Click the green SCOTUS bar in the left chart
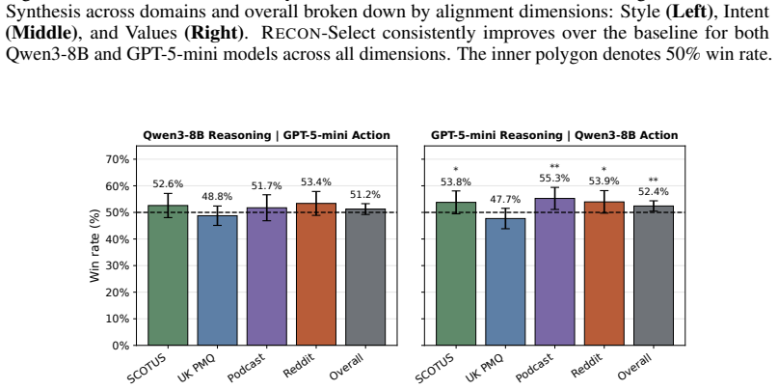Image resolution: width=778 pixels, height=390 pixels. tap(168, 275)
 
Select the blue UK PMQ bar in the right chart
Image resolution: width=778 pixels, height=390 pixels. tap(505, 281)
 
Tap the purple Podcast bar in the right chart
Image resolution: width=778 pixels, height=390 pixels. tap(554, 271)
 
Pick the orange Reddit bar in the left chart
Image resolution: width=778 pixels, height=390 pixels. tap(316, 274)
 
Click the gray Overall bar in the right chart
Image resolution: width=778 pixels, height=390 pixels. tap(654, 275)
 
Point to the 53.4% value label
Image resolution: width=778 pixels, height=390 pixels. tap(316, 182)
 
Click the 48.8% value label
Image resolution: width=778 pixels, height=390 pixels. tap(217, 197)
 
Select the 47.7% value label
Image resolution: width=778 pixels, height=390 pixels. tap(505, 200)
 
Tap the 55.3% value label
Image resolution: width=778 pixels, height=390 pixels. tap(554, 178)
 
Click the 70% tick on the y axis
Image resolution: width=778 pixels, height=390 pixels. tap(117, 159)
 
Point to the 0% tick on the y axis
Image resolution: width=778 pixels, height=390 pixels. tap(121, 346)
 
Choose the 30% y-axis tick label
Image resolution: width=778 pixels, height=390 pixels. tap(117, 265)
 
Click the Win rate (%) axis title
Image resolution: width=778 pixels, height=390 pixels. tap(94, 245)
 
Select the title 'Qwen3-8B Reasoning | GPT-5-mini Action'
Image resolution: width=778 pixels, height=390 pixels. tap(266, 135)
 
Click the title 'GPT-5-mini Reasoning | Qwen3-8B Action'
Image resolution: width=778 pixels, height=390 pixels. tap(554, 135)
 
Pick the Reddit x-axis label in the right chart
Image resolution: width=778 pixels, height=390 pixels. tap(588, 366)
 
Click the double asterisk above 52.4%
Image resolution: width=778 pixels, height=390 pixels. tap(654, 181)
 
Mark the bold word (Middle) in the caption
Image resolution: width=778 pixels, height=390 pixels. tap(41, 32)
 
